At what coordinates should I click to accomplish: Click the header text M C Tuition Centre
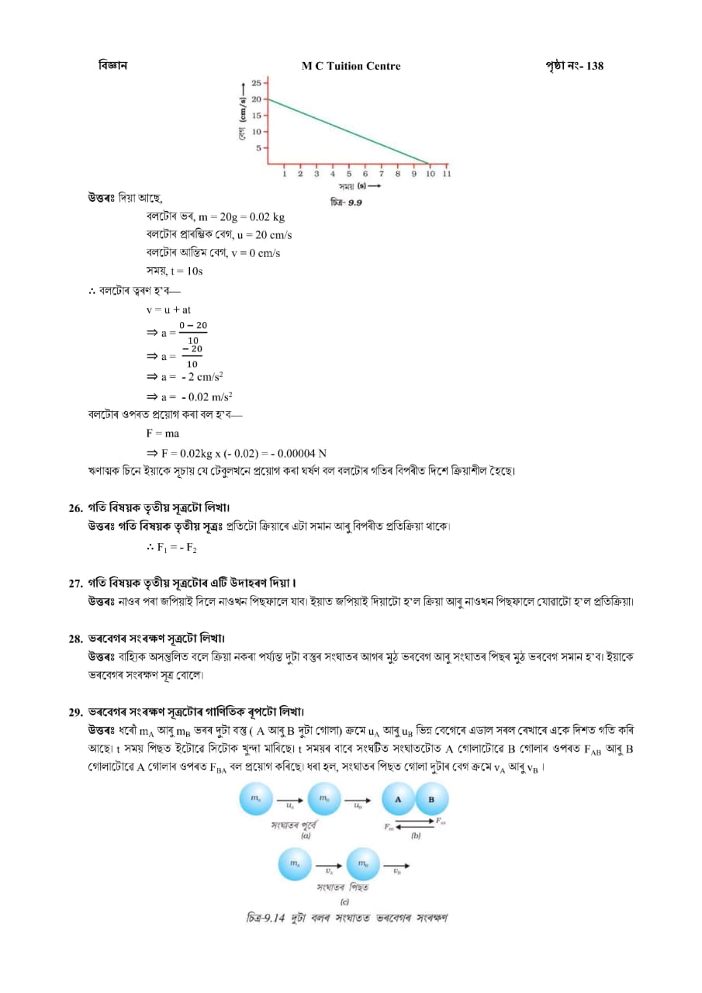coord(351,66)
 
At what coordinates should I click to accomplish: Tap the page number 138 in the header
coord(595,66)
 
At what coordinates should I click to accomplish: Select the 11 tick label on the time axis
coord(447,174)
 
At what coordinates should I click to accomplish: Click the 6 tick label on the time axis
coord(365,174)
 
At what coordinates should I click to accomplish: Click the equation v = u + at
coord(168,310)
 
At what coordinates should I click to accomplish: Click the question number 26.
coord(75,508)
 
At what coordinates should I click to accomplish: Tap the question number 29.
coord(75,712)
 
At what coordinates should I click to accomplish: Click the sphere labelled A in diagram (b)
coord(399,799)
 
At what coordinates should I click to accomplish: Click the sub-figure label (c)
coord(344,902)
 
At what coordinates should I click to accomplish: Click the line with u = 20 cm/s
coord(219,234)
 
